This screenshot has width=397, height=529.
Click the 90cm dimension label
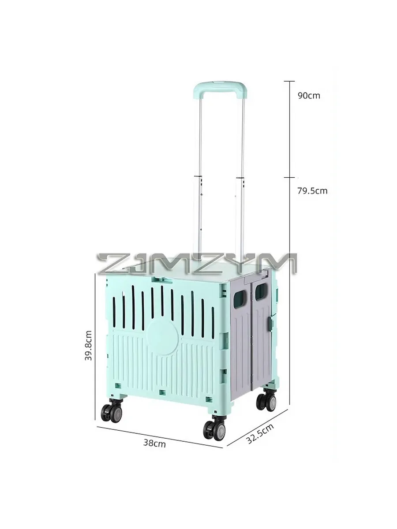(309, 96)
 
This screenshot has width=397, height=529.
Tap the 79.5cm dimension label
(312, 191)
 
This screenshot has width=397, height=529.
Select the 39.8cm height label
(89, 345)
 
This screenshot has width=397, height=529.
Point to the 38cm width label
(154, 443)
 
